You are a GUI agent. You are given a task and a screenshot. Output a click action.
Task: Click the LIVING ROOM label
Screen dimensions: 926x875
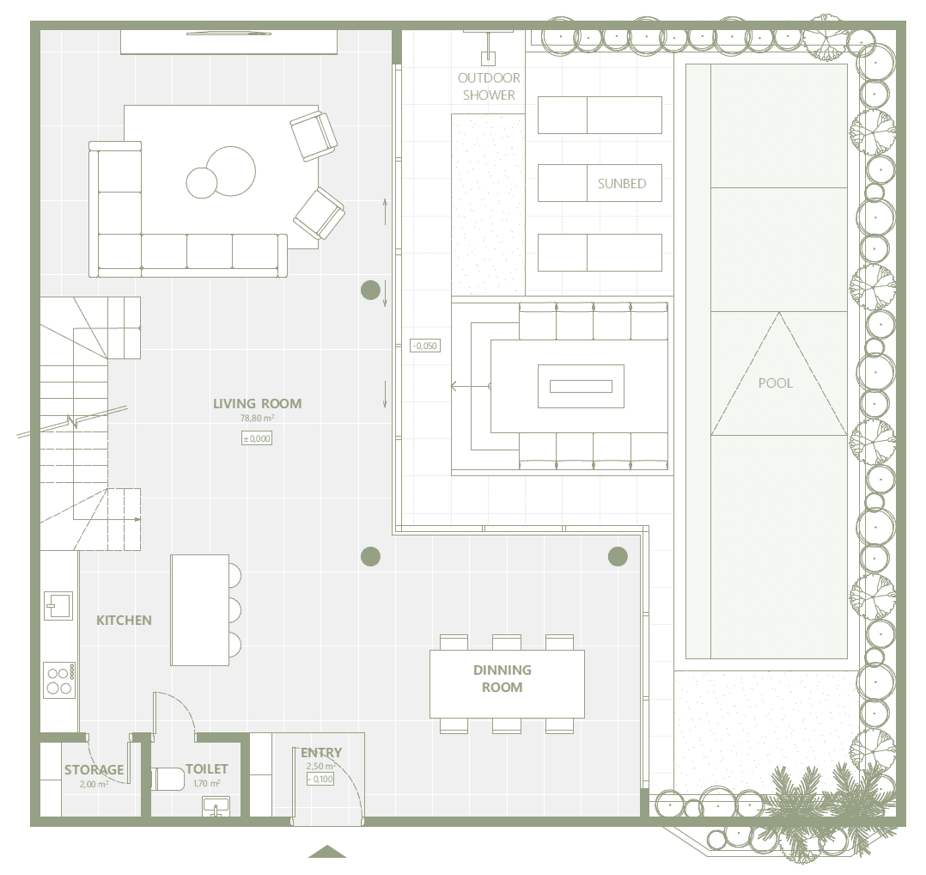[257, 403]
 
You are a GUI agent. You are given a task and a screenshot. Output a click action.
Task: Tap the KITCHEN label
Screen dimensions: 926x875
[124, 621]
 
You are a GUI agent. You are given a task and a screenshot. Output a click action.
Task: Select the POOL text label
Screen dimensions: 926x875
[776, 382]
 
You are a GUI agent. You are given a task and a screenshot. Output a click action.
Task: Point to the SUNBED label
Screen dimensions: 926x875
[622, 184]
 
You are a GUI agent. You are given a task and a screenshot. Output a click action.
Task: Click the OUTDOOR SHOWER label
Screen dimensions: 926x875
[489, 86]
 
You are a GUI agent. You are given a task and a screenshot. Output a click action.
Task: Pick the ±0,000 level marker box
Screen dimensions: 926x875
[257, 438]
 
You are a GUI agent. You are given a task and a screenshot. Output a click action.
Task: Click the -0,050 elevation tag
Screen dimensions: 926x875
[425, 346]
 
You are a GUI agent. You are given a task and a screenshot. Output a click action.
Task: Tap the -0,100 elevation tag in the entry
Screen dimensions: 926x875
[320, 780]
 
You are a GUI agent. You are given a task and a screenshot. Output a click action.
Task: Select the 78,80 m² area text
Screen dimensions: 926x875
[257, 419]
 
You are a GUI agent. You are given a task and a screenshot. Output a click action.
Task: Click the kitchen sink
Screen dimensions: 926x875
[58, 606]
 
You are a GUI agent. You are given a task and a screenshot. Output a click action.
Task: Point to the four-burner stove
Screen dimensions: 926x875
[59, 680]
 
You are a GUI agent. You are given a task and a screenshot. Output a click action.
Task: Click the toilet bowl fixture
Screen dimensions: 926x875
[168, 780]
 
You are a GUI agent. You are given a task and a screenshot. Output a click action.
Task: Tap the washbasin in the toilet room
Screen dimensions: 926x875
[216, 806]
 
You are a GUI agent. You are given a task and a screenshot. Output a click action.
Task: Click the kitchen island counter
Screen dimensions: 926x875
[199, 610]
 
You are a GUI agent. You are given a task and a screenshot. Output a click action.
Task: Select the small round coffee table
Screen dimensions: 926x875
[202, 182]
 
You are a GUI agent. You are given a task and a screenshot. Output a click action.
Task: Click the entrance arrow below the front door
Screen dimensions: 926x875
[327, 852]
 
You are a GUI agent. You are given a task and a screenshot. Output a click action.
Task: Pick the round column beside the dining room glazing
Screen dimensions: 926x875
[618, 557]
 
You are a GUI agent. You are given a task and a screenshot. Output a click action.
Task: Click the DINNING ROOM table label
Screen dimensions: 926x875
[503, 678]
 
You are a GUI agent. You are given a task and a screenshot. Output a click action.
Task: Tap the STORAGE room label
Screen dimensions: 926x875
[94, 770]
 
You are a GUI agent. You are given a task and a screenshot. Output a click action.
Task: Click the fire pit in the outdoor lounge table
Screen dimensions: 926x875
[581, 387]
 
